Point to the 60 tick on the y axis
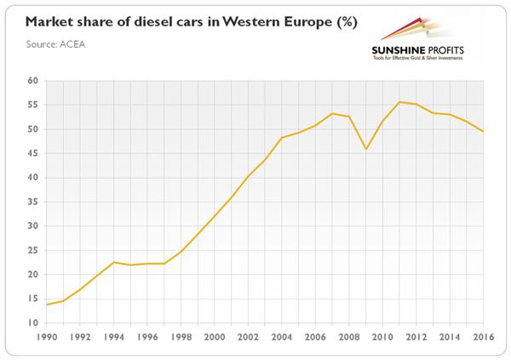(x=33, y=81)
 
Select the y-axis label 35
(x=33, y=202)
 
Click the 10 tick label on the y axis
(x=33, y=323)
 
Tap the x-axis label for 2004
(x=281, y=337)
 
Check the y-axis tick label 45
(x=33, y=153)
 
